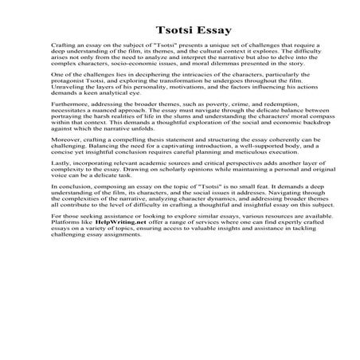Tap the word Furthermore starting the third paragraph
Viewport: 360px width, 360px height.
click(x=74, y=126)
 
